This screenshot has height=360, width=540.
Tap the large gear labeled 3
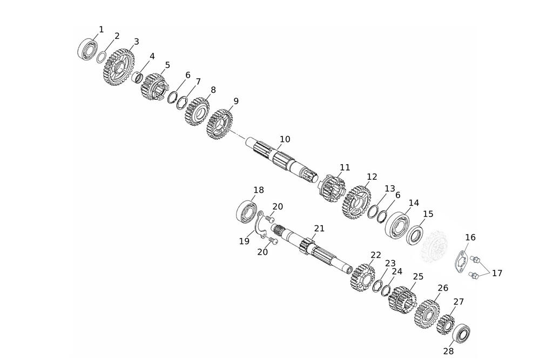[x=118, y=67]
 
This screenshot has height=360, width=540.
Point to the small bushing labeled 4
[x=138, y=77]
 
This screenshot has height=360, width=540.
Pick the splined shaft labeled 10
[x=283, y=159]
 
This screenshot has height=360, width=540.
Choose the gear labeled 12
[x=356, y=202]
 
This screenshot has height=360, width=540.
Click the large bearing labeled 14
[x=397, y=224]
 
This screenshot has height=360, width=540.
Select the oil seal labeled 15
[x=415, y=235]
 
